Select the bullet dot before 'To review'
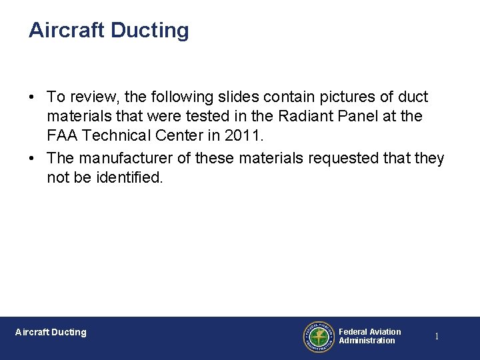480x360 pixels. [x=32, y=97]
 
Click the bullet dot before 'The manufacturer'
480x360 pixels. [x=32, y=159]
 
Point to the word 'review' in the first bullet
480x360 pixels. [x=93, y=97]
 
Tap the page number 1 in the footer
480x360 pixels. [x=437, y=337]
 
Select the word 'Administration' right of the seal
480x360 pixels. [x=367, y=341]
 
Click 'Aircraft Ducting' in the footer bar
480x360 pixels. [x=51, y=332]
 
